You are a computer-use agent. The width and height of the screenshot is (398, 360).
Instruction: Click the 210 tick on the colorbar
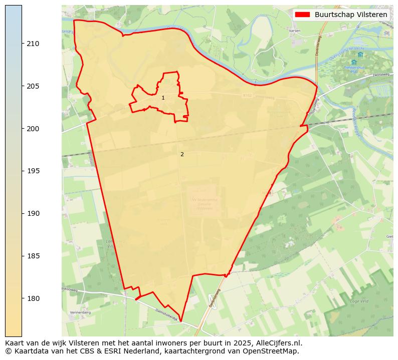[33, 44]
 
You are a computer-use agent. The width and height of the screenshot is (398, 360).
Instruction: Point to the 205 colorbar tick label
[33, 87]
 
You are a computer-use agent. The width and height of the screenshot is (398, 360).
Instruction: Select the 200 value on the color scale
[33, 129]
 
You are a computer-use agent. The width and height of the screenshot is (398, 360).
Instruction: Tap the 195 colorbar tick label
[33, 171]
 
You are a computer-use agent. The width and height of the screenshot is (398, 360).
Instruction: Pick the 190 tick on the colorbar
[33, 214]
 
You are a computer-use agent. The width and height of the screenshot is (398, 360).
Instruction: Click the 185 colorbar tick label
[33, 256]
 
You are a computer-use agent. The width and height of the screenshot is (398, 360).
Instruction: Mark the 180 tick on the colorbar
[33, 298]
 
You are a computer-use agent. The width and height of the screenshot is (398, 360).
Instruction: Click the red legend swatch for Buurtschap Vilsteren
[303, 15]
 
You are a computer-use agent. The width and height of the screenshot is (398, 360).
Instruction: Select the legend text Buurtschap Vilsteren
[351, 15]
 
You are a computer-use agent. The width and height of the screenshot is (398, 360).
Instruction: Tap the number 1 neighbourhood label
[163, 98]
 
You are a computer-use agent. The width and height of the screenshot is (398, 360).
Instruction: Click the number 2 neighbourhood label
[182, 155]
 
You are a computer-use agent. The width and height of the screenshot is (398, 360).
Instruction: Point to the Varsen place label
[295, 31]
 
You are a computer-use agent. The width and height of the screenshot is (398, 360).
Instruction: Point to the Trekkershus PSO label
[354, 69]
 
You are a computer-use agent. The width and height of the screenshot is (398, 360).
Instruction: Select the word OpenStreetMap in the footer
[274, 351]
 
